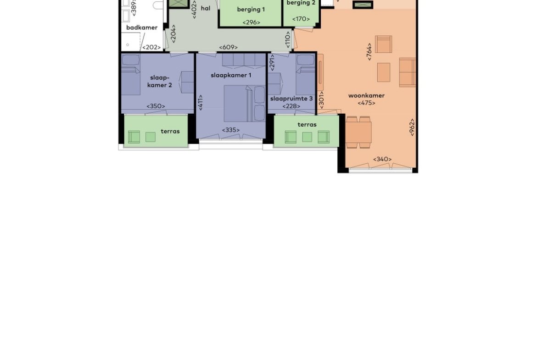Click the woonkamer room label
point(366,95)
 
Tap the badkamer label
point(142,28)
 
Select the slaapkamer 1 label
point(231,75)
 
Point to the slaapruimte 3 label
point(291,99)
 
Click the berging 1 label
point(251,9)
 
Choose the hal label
point(206,8)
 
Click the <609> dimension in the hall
point(229,47)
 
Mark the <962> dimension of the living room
point(412,127)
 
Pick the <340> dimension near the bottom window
point(382,159)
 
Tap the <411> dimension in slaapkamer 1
point(201,102)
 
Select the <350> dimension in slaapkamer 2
point(156,106)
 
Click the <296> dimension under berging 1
point(252,22)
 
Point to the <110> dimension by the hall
point(288,39)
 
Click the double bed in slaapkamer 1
point(245,103)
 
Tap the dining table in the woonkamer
point(358,133)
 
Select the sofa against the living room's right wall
point(407,72)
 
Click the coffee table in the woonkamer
point(384,72)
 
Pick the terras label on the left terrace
point(170,131)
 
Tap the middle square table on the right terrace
point(307,137)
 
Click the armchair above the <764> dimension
point(384,44)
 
